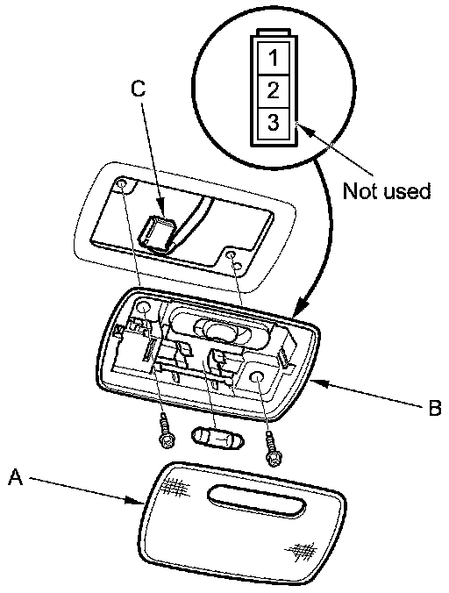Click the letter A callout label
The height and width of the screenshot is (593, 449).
pos(16,476)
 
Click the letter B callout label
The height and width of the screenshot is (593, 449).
pos(435,408)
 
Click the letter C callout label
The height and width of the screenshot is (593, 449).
pos(139,89)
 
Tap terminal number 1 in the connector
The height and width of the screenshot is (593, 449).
pos(274,58)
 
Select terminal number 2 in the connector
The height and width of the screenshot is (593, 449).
pos(274,90)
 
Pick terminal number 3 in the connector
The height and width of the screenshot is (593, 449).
pos(274,123)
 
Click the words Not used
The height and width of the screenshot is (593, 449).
pos(387,191)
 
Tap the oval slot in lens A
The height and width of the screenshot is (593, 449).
pos(256,499)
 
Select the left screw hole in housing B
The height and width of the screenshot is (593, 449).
pos(144,309)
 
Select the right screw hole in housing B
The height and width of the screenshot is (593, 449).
pos(257,377)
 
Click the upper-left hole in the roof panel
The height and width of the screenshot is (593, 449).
pos(122,184)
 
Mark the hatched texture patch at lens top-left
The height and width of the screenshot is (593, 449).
pos(175,486)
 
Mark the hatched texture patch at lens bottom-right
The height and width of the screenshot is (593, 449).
pos(301,551)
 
